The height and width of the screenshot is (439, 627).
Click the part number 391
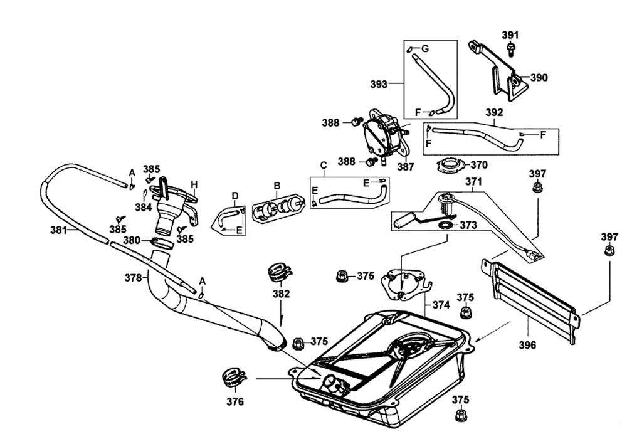[x=510, y=35]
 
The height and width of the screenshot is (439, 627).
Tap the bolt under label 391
[x=510, y=50]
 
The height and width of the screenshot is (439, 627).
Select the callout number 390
[x=539, y=78]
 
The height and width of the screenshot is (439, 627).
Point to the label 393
[x=379, y=84]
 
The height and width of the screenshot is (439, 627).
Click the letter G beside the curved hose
[x=425, y=49]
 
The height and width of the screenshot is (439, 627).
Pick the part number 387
[x=406, y=167]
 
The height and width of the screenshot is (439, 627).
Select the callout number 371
[x=473, y=182]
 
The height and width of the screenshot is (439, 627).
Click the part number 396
[x=527, y=345]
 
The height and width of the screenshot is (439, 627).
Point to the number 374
[x=441, y=305]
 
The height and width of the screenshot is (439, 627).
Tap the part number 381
[x=58, y=230]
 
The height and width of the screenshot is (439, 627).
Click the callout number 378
[x=134, y=277]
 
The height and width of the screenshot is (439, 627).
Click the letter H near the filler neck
[x=194, y=185]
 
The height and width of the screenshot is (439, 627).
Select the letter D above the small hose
[x=235, y=196]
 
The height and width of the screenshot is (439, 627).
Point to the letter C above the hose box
[x=324, y=165]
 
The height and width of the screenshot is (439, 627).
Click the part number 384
[x=143, y=207]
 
